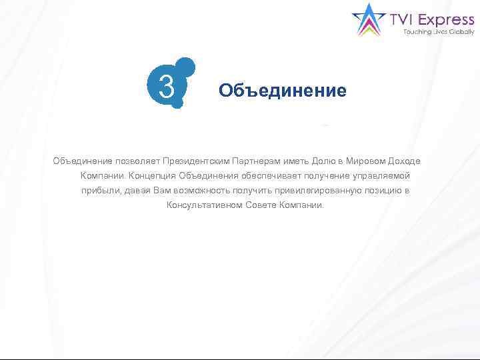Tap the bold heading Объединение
tap(283, 91)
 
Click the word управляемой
tap(380, 176)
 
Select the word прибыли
tap(99, 191)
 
